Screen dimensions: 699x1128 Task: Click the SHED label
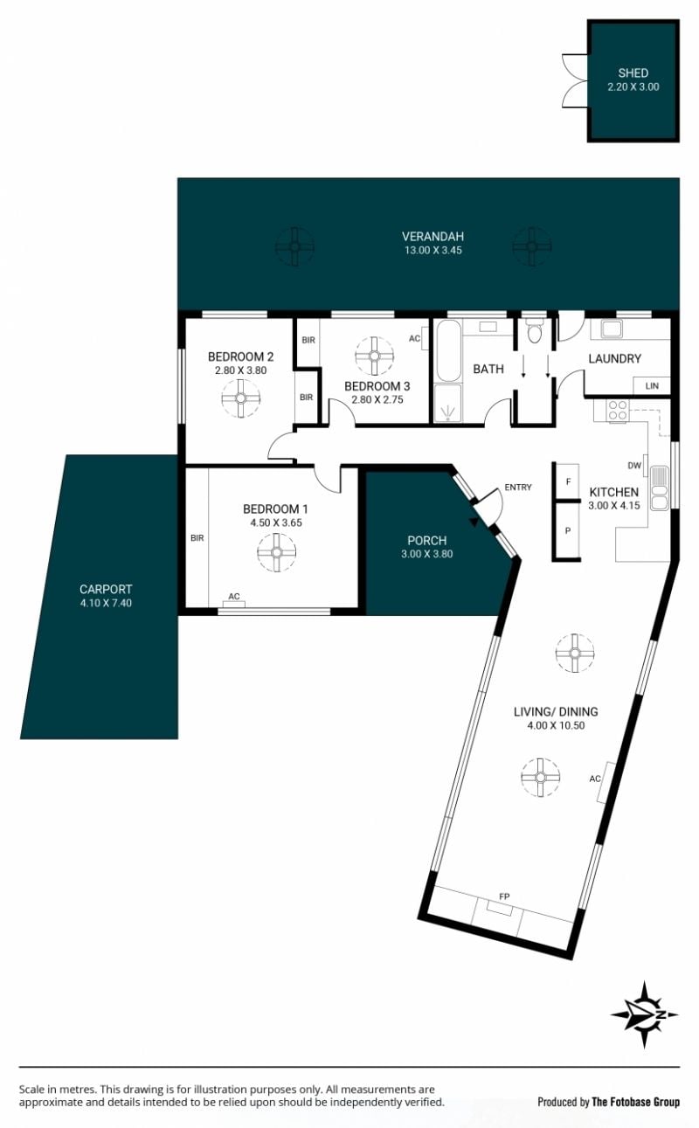(633, 73)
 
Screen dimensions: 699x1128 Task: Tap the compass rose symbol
(645, 1014)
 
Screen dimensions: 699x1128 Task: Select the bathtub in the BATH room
(449, 351)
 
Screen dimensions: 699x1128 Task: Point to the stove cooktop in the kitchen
(618, 410)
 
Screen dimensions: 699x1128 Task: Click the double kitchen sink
(659, 488)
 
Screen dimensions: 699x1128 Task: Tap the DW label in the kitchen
(634, 466)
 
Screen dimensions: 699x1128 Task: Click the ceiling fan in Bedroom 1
(276, 552)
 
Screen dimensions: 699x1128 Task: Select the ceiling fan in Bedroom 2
(241, 398)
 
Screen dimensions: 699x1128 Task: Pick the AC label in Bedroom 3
(414, 338)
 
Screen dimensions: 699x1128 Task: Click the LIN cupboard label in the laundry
(652, 385)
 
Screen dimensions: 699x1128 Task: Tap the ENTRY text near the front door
(518, 487)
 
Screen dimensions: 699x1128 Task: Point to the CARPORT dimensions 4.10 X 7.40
(106, 603)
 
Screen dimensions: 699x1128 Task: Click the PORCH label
(427, 540)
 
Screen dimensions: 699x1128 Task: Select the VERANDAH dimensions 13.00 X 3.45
(433, 250)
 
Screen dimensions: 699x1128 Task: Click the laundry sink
(611, 329)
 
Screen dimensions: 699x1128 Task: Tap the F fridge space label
(569, 482)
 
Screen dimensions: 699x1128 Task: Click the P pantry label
(568, 530)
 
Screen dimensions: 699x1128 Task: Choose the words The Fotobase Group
(635, 1103)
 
